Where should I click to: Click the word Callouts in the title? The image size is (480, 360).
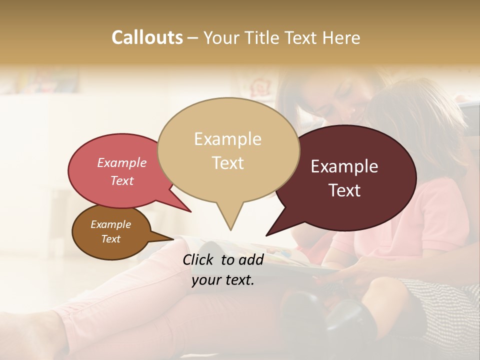(x=147, y=37)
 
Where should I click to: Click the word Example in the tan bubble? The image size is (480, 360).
(x=227, y=139)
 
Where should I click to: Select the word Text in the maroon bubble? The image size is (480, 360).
(x=345, y=190)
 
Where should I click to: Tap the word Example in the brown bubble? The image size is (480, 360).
(x=110, y=224)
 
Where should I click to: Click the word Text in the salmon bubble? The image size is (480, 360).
(x=122, y=181)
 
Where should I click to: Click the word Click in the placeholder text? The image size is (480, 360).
(x=198, y=259)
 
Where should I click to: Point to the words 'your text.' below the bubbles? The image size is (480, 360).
(x=223, y=280)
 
